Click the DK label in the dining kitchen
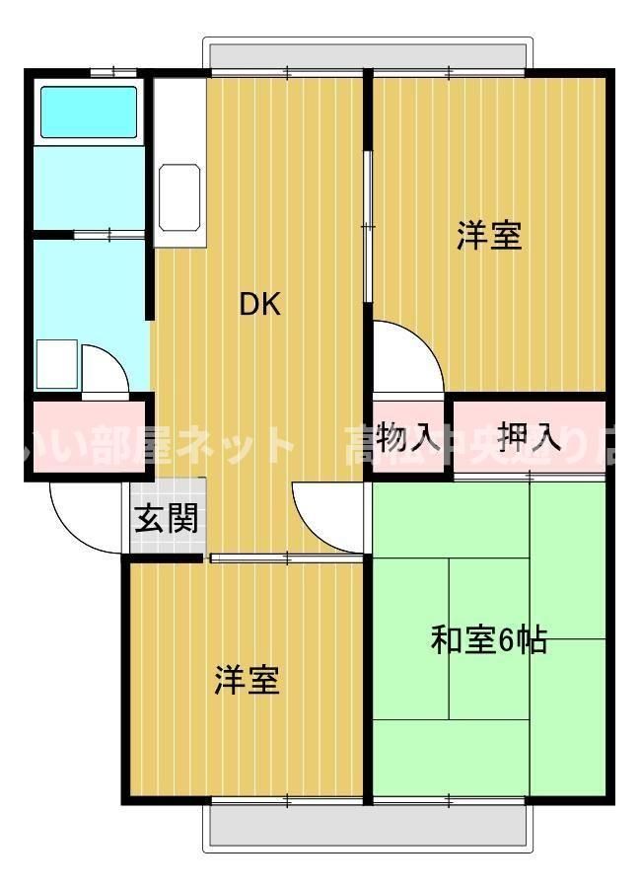pos(260,305)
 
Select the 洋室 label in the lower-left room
pos(248,680)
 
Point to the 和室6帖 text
pos(489,640)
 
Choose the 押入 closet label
pos(530,435)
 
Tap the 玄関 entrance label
pos(167,518)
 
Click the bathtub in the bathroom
pos(88,111)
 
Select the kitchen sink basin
pos(181,195)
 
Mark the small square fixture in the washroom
pos(56,364)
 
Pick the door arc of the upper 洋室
pos(406,357)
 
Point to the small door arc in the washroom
pos(104,369)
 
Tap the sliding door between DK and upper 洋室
pos(367,227)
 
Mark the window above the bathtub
pos(111,71)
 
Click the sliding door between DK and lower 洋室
pos(286,558)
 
